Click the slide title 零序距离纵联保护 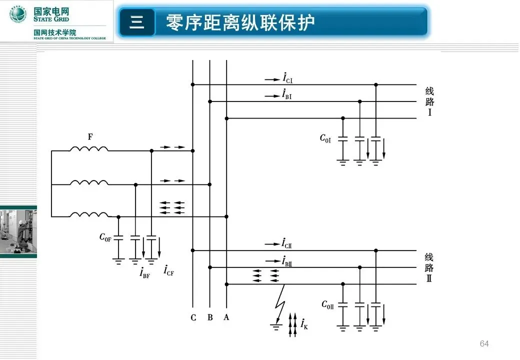point(240,22)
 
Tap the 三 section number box point(136,22)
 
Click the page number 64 point(484,343)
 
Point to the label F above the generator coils point(90,136)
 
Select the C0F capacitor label point(105,238)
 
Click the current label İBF point(144,273)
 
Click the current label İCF point(168,270)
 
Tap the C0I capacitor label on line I point(325,138)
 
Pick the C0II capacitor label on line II point(327,304)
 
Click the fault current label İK point(304,324)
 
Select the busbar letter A point(226,317)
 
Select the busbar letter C point(193,317)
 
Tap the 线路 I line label point(429,101)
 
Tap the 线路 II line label point(429,267)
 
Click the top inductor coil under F point(89,149)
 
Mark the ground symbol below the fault point(276,327)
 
